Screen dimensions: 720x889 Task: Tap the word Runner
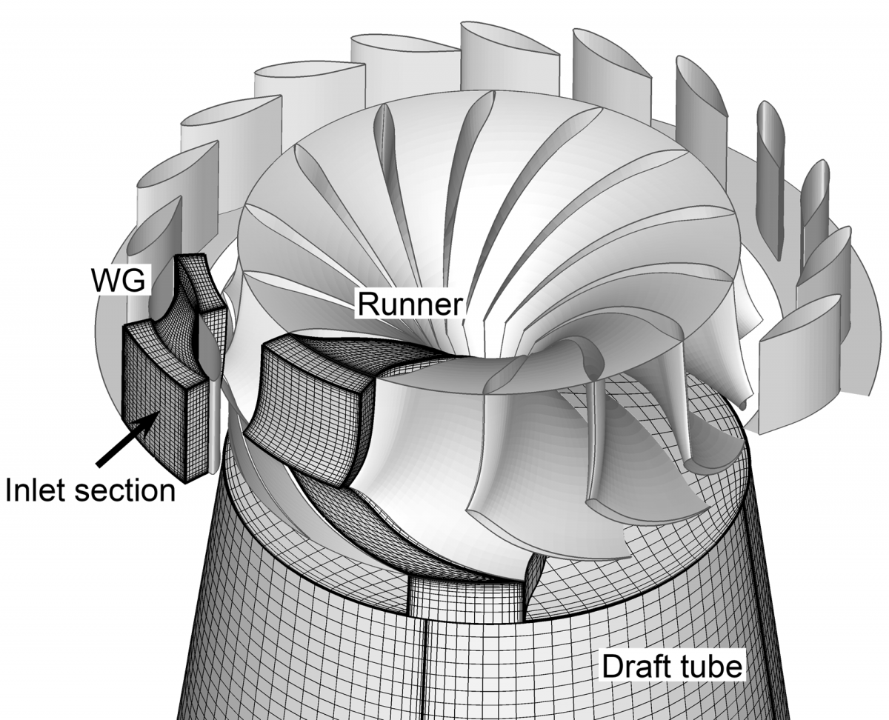[409, 304]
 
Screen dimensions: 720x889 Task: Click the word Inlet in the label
[38, 490]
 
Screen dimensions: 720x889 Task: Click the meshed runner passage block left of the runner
[311, 415]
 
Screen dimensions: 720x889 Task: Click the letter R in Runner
[367, 304]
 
